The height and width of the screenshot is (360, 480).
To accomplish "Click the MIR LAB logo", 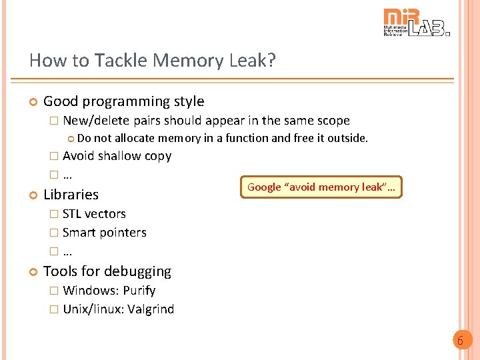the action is click(x=416, y=23).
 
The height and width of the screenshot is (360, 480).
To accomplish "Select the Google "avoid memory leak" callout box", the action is click(x=321, y=187).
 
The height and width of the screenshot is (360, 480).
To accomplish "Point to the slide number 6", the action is click(x=459, y=341).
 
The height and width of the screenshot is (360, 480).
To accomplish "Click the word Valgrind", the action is click(x=151, y=309).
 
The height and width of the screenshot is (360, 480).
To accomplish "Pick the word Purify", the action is click(x=139, y=291).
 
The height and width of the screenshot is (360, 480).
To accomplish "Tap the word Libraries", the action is click(x=71, y=195).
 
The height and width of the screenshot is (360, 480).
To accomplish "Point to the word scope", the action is click(x=332, y=121).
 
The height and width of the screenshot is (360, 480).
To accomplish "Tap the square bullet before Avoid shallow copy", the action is click(x=54, y=157).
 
